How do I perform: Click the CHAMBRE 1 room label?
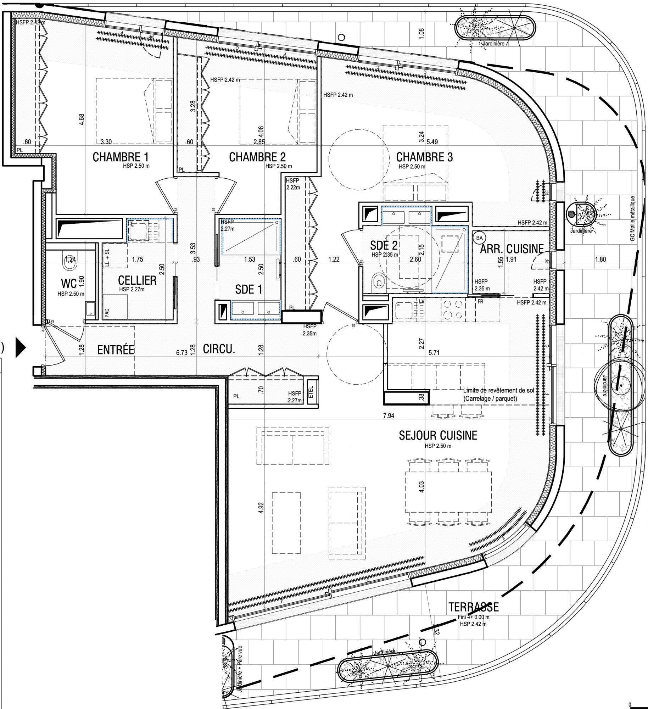[x=120, y=157]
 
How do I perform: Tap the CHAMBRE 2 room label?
[x=257, y=157]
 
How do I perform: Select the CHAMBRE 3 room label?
[x=424, y=157]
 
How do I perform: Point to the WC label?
[x=69, y=283]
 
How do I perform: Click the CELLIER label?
[x=137, y=280]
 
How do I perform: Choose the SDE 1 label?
[x=249, y=290]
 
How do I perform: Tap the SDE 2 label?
[x=384, y=245]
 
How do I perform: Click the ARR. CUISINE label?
[x=512, y=249]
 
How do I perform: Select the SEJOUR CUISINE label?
[x=438, y=435]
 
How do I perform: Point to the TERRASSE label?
[x=474, y=607]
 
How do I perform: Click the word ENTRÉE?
[x=116, y=350]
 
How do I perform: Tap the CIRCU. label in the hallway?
[x=219, y=349]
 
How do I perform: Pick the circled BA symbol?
[x=480, y=238]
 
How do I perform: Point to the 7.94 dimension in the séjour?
[x=389, y=416]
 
